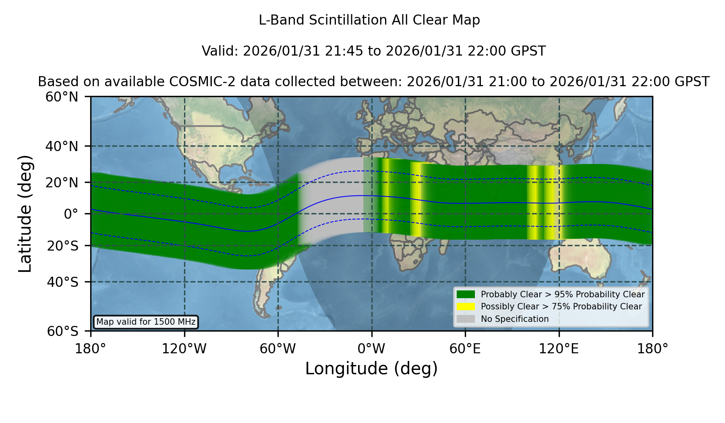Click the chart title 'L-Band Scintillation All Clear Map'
[x=369, y=20]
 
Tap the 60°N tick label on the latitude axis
[x=62, y=97]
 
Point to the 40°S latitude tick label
[x=62, y=282]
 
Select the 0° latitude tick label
[x=71, y=214]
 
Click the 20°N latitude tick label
[x=62, y=182]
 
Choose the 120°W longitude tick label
[x=184, y=349]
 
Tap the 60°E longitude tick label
[x=465, y=349]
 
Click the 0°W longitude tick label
[x=371, y=349]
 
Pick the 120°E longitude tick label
[x=559, y=349]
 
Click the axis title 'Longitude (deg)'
[x=371, y=369]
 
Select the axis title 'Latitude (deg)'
[x=25, y=214]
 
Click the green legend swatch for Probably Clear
[x=466, y=294]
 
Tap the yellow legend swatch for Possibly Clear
[x=466, y=307]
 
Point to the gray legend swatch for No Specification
[x=466, y=319]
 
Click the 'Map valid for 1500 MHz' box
[x=146, y=322]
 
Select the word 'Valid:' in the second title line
[x=220, y=51]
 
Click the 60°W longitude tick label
[x=278, y=349]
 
